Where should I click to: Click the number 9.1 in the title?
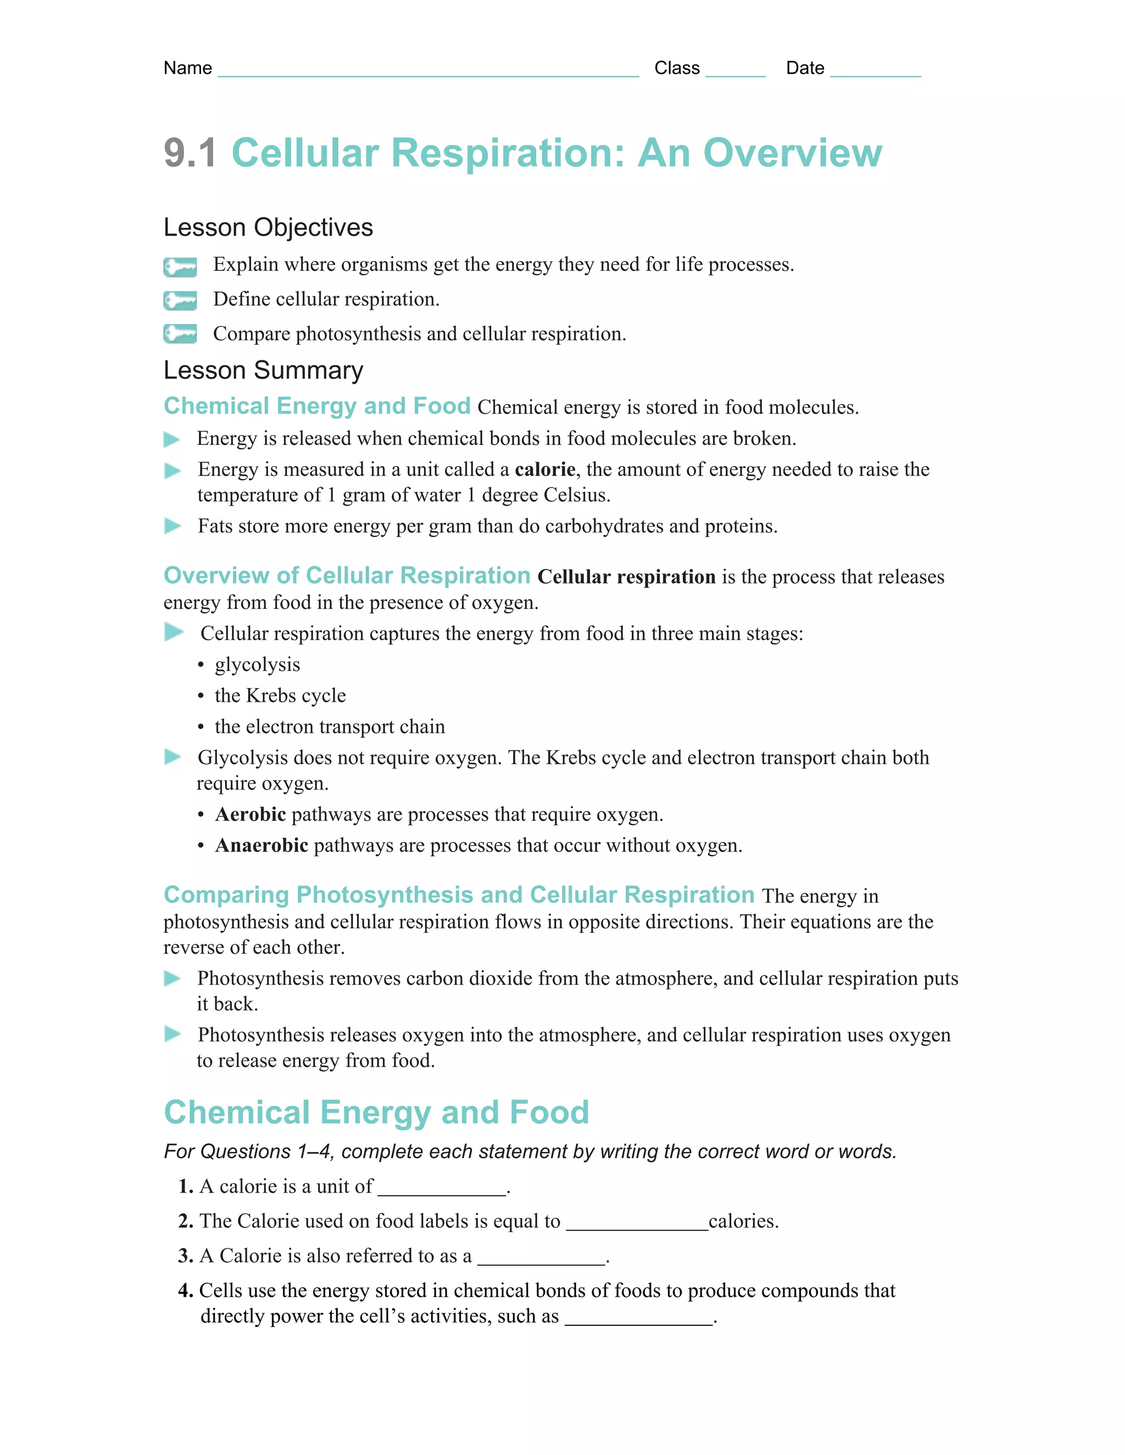click(x=190, y=153)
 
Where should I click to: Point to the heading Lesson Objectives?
click(x=268, y=227)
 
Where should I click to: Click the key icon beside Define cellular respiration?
click(x=180, y=300)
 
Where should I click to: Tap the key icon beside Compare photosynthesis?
click(x=180, y=334)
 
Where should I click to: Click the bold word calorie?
click(x=544, y=469)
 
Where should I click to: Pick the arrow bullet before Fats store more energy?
click(x=172, y=527)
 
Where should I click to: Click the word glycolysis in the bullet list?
click(x=257, y=665)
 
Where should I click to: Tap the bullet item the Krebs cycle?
click(x=280, y=696)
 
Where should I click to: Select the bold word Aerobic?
click(x=250, y=814)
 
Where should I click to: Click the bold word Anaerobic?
click(x=261, y=846)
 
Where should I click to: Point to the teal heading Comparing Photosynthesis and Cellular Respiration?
click(x=459, y=895)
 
